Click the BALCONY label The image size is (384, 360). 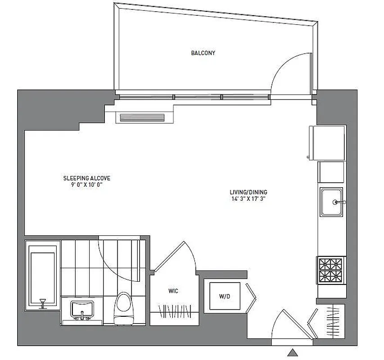[x=203, y=53]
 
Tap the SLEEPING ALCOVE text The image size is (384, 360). [x=86, y=178]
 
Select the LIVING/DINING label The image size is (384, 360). [x=248, y=192]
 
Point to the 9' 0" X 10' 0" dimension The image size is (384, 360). [x=86, y=184]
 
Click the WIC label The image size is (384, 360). [x=173, y=291]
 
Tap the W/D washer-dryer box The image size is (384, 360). [x=224, y=296]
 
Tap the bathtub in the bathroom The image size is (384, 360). [x=43, y=275]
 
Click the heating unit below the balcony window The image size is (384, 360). [x=141, y=117]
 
